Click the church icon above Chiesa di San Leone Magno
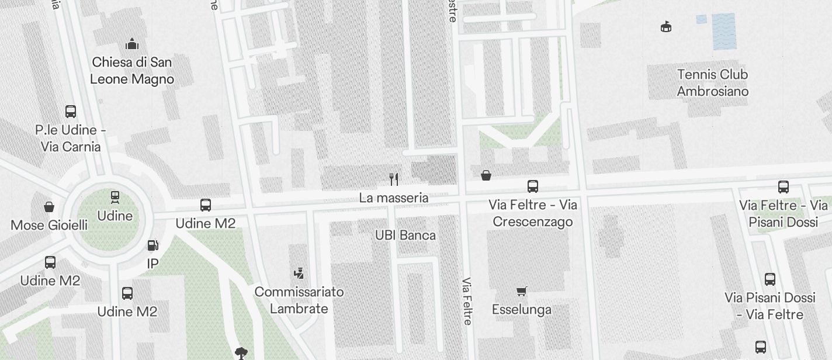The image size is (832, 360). point(132,44)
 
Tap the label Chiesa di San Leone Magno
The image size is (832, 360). point(132,71)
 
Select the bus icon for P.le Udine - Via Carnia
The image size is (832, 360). point(71,111)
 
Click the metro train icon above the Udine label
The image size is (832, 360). point(115,197)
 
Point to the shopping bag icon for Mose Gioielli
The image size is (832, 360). point(49,207)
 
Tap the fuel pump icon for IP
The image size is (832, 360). point(152,246)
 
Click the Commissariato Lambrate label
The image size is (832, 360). point(299,300)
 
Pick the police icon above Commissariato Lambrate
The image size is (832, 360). point(299,273)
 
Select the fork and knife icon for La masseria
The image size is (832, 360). point(394,179)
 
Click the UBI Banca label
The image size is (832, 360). point(405,236)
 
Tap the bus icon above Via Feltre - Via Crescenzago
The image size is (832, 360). point(533,186)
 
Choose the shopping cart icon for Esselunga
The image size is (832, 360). point(522,291)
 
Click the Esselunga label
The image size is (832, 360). point(522,309)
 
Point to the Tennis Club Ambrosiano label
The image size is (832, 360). point(712,83)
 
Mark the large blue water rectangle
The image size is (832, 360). point(724,31)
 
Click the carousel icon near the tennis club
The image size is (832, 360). point(665,26)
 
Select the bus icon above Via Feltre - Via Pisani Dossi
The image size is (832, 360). point(784,187)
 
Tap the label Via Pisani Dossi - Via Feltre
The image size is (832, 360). point(770,306)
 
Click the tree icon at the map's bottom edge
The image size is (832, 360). point(241,352)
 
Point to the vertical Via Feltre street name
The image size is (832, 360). point(467,301)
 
